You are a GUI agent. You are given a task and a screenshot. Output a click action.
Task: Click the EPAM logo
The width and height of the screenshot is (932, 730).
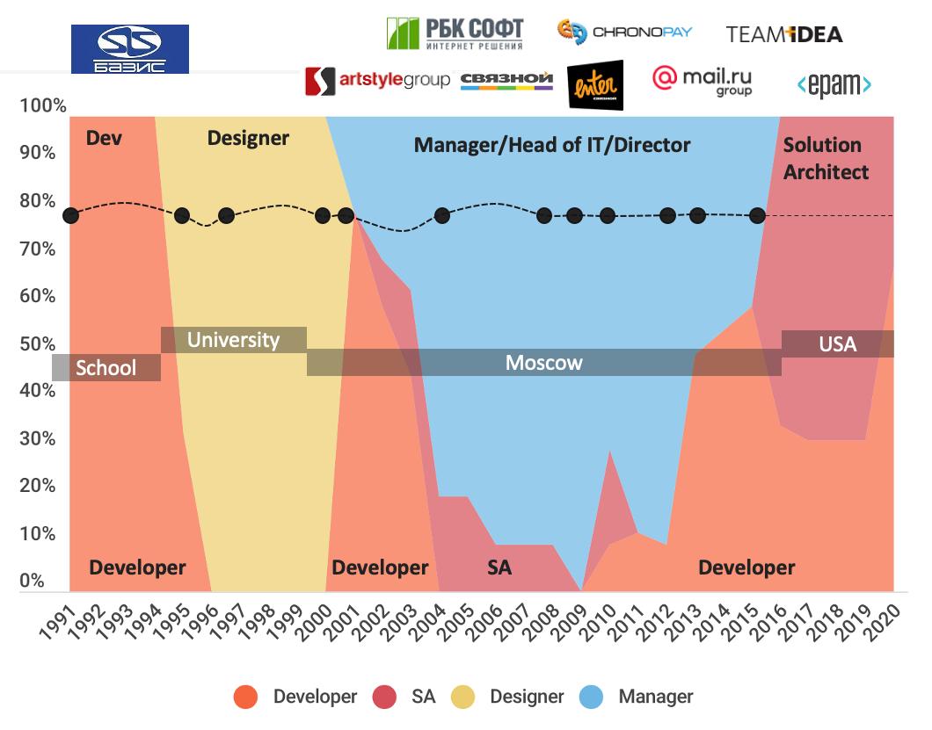(834, 85)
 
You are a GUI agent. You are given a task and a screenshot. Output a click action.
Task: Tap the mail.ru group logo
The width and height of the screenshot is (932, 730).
(702, 81)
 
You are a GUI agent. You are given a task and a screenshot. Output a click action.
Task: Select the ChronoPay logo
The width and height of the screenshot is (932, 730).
(625, 32)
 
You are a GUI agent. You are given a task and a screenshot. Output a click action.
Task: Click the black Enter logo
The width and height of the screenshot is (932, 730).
(595, 85)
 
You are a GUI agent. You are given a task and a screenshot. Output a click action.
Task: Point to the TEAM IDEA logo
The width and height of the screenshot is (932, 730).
(784, 34)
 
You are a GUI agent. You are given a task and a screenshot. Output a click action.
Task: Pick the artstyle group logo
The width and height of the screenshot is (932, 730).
(377, 81)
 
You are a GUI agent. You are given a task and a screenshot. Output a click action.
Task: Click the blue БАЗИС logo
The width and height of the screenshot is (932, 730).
(129, 49)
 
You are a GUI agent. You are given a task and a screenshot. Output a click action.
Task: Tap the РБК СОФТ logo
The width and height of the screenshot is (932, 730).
(455, 33)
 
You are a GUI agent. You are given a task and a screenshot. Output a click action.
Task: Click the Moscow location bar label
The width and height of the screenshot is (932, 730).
(543, 363)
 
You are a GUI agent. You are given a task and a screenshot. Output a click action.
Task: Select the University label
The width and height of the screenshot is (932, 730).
(233, 340)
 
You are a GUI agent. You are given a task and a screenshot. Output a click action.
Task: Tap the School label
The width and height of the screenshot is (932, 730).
(106, 367)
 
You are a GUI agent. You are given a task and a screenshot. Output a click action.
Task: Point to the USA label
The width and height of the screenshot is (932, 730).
(837, 344)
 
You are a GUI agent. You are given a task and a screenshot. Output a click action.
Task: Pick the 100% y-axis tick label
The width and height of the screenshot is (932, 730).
(42, 106)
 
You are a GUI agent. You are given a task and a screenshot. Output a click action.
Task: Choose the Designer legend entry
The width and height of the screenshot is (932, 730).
(526, 697)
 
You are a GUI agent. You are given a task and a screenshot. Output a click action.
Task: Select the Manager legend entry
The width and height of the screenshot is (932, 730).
(655, 697)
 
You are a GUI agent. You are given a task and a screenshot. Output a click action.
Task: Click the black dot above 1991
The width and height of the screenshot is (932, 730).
(70, 215)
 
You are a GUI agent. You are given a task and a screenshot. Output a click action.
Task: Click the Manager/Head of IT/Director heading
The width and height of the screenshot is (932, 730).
(552, 145)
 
